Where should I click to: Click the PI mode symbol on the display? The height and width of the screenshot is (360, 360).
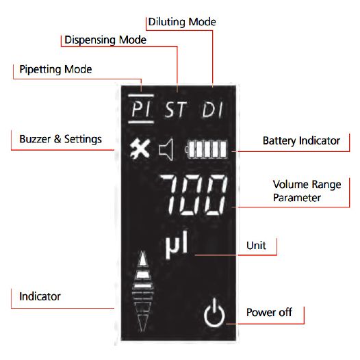coord(141,109)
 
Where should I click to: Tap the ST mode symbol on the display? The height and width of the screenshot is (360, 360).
coord(176,110)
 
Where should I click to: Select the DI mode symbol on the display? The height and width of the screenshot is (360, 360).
coord(212,110)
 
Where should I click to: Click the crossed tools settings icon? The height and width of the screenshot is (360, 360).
coord(140,148)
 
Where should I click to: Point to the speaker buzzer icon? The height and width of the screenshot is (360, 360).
coord(166,149)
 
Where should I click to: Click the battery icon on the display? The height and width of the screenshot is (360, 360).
coord(206,149)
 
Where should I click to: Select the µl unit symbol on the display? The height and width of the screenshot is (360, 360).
coord(177,245)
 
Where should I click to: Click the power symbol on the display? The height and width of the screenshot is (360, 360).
coord(214,312)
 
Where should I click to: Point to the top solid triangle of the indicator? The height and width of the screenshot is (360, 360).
coord(143,259)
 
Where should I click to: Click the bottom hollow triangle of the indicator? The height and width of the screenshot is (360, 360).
coord(142,322)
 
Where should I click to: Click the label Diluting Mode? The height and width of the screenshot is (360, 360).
coord(182,22)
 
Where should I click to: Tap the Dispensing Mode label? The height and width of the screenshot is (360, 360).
coord(105,40)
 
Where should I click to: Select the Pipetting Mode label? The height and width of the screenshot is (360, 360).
coord(55,69)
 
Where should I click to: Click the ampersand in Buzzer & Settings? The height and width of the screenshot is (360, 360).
coord(57,139)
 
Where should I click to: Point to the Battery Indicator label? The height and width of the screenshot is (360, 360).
coord(301,140)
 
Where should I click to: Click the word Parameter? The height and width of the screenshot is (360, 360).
coord(296,198)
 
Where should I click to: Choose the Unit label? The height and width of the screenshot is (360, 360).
coord(256,246)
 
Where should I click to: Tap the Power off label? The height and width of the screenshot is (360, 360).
coord(269,312)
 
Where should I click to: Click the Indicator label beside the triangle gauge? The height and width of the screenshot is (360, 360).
coord(40,296)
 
